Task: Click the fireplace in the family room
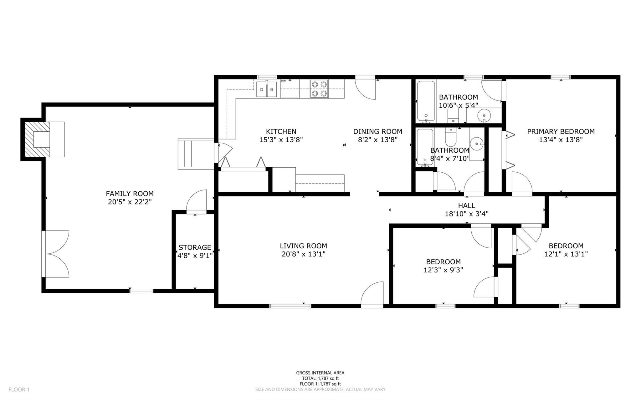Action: [43, 139]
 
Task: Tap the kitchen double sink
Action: [267, 89]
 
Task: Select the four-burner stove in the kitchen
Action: [319, 89]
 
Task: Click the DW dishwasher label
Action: [283, 81]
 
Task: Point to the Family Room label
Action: [130, 194]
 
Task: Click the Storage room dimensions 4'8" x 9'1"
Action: [195, 256]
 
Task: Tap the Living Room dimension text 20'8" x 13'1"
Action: [303, 254]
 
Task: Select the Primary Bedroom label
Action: [561, 132]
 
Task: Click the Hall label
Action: [467, 205]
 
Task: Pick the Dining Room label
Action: [378, 132]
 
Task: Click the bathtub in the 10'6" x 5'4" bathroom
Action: [426, 101]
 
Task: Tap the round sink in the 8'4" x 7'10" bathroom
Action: [477, 144]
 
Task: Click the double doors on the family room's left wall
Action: [55, 254]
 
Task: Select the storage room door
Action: [197, 202]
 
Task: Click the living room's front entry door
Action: [372, 294]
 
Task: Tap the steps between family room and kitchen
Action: [196, 154]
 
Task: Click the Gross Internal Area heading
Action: [320, 373]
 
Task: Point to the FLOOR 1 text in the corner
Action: [19, 390]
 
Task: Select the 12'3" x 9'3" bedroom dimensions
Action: [443, 270]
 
